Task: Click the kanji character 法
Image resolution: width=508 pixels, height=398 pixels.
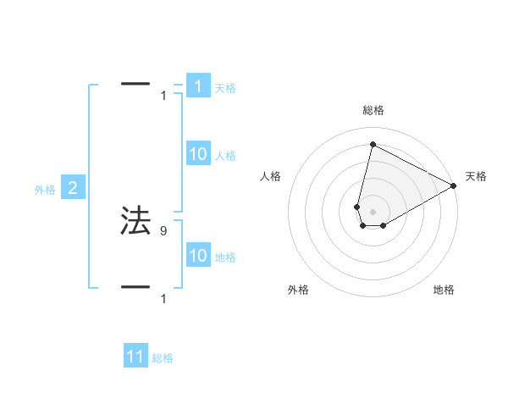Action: (x=135, y=220)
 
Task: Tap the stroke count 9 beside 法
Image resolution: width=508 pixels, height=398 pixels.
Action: (x=163, y=230)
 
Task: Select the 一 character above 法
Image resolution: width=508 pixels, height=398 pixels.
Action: (x=135, y=84)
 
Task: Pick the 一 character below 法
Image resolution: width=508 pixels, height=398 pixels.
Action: (x=135, y=287)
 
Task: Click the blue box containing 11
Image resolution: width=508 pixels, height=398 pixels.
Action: (x=135, y=357)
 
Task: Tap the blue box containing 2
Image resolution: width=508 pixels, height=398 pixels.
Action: (x=73, y=188)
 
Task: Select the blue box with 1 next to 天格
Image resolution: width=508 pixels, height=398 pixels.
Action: (x=197, y=86)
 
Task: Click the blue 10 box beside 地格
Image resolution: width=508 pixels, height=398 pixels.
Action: (x=197, y=255)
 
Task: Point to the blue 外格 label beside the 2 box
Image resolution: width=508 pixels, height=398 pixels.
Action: (x=45, y=190)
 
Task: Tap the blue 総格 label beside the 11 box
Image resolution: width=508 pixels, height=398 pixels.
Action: (x=163, y=358)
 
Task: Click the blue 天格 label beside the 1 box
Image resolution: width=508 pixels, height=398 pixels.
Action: (x=225, y=87)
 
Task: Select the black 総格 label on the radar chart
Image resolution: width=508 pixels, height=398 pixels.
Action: (x=373, y=110)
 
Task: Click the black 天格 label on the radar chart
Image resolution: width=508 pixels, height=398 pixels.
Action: (x=476, y=176)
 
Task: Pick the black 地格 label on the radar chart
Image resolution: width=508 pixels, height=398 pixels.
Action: (x=444, y=290)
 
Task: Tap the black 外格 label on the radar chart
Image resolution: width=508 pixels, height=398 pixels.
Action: (x=298, y=290)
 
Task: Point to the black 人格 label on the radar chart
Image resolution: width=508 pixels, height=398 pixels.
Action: (x=271, y=176)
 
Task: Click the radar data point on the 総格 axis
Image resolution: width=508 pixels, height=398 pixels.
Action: (x=373, y=145)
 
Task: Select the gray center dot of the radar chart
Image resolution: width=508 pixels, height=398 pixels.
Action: (x=373, y=211)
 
